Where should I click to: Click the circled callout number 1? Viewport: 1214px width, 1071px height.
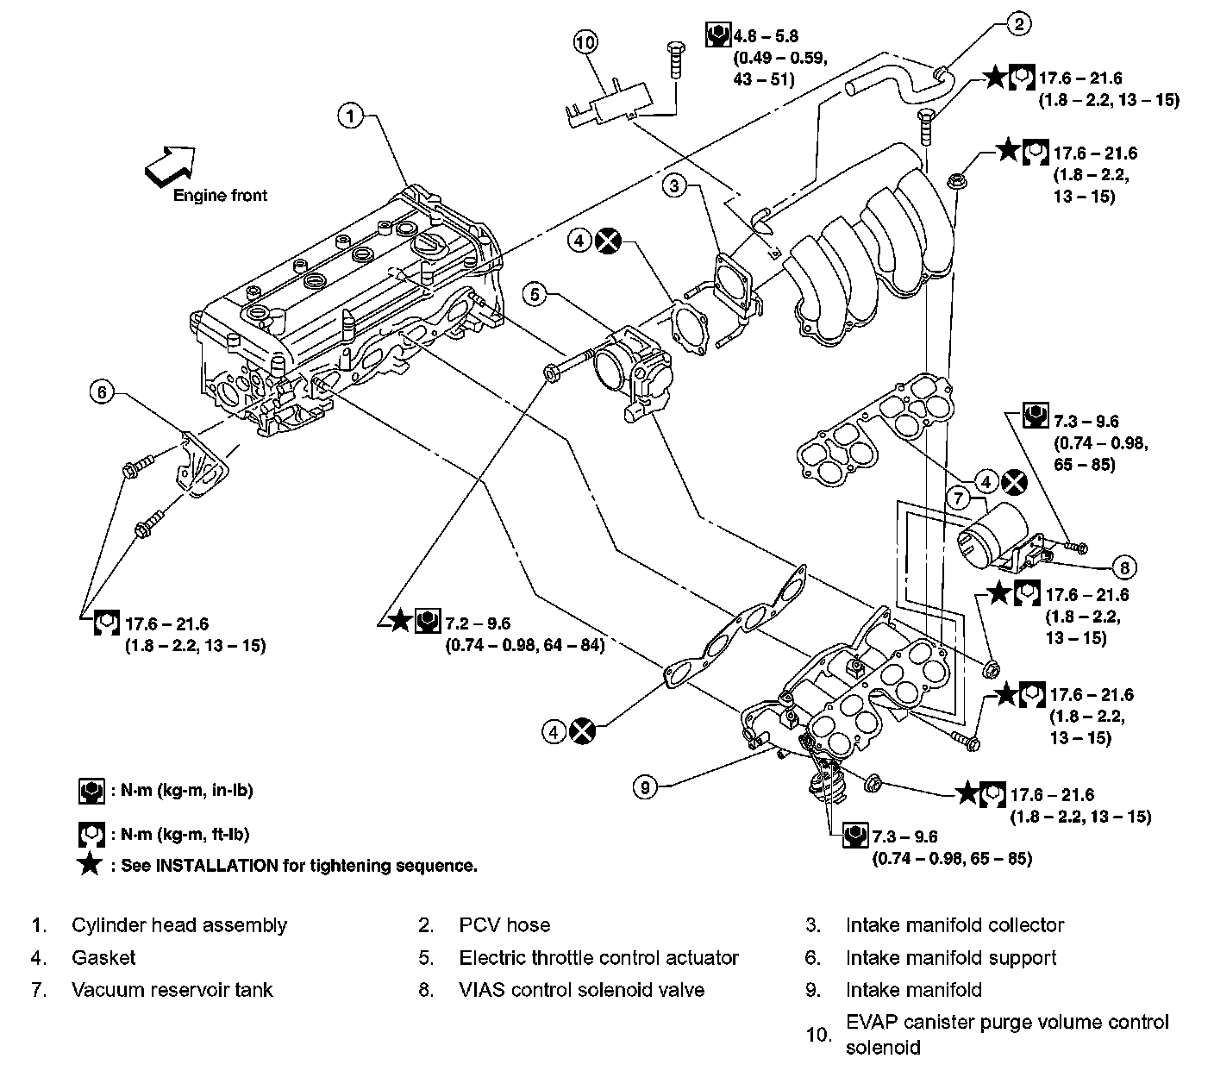click(352, 116)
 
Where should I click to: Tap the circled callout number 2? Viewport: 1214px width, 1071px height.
click(1018, 24)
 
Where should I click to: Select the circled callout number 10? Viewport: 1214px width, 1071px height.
click(585, 41)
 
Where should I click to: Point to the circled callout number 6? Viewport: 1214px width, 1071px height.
click(102, 392)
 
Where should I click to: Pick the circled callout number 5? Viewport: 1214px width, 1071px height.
click(535, 295)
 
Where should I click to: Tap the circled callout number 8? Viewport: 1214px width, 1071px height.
click(1124, 567)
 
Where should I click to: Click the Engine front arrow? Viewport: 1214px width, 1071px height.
click(170, 162)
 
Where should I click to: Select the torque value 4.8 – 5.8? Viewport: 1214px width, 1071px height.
click(766, 36)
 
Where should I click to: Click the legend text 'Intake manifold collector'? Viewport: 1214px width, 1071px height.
click(955, 925)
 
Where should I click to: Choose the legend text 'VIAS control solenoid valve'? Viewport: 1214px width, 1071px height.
click(581, 990)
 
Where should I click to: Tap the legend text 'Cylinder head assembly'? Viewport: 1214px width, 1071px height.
click(179, 925)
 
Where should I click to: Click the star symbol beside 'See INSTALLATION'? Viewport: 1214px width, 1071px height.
click(90, 865)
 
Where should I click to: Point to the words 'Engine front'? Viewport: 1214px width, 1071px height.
click(220, 195)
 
